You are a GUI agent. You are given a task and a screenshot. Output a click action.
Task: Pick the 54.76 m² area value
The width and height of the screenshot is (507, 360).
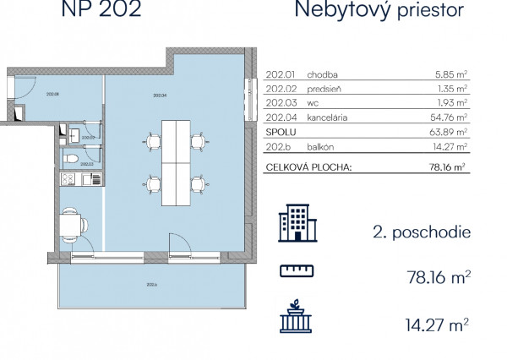(449, 121)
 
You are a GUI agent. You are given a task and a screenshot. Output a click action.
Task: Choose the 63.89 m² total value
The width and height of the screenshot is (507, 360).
(449, 136)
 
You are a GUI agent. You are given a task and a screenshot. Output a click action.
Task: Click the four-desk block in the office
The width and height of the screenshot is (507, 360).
(177, 160)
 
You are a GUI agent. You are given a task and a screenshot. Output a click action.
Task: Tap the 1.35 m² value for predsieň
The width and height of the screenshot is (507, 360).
(451, 90)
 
